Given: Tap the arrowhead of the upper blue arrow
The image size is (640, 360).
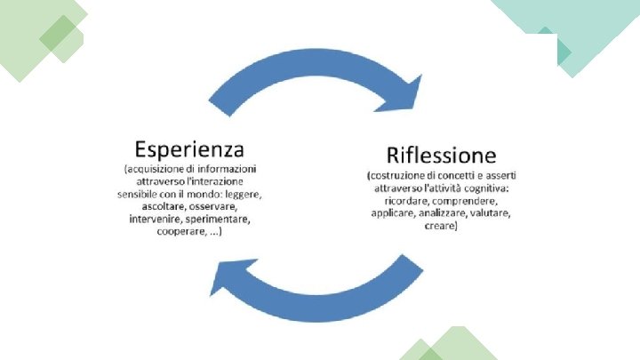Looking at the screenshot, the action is tap(403, 93).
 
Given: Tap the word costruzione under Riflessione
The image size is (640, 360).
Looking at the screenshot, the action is tap(404, 175).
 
